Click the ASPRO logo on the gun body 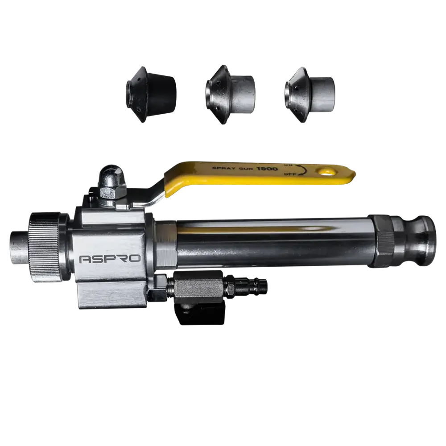[110, 259]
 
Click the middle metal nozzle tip [230, 95]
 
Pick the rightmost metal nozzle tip [309, 95]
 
